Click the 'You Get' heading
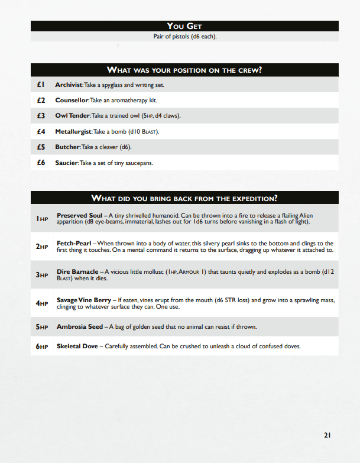[184, 26]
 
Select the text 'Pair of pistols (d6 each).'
[184, 37]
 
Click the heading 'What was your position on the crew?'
[184, 70]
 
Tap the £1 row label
[41, 85]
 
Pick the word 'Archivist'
[69, 85]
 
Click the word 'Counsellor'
[71, 101]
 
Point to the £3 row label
[41, 116]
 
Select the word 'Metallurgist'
[73, 131]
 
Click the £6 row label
[41, 163]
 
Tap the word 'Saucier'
[66, 163]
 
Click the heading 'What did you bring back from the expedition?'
[184, 198]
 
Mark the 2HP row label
[41, 247]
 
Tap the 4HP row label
[41, 303]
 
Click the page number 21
[327, 435]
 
